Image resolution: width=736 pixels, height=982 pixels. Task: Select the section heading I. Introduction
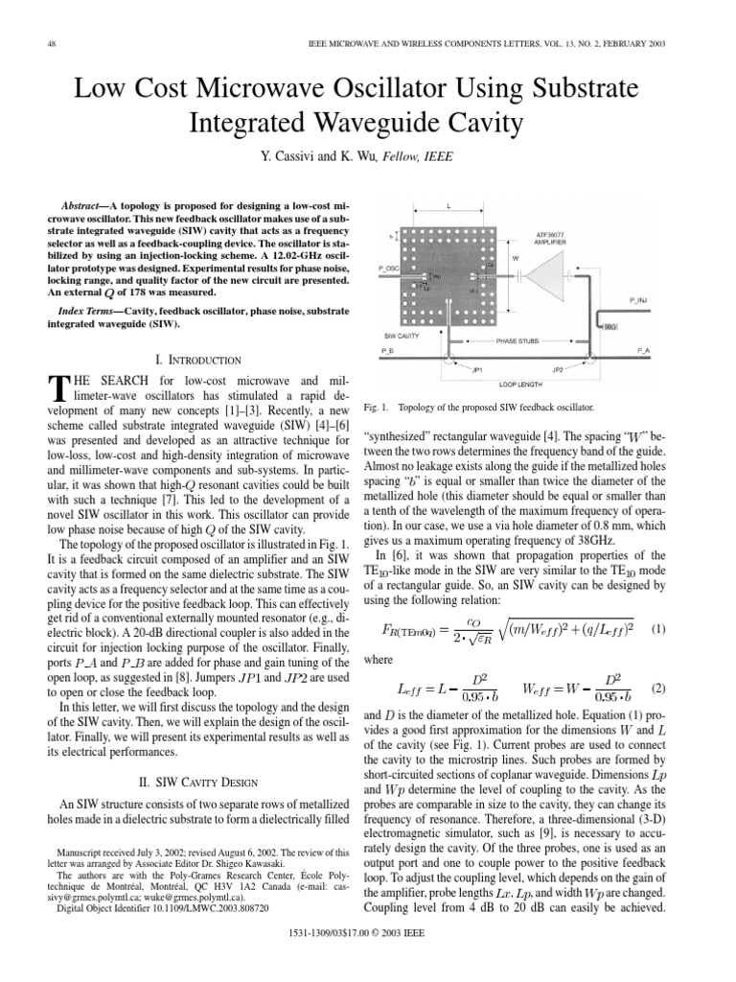coord(184,359)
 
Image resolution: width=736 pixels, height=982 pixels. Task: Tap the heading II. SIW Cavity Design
coord(184,782)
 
